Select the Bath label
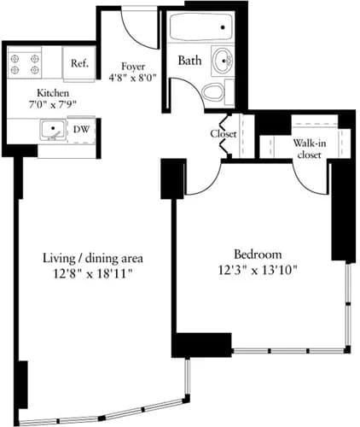point(189,61)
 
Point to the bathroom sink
point(224,61)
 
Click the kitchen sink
point(53,131)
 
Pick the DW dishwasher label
point(81,131)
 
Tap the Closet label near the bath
point(224,134)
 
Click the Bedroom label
point(257,254)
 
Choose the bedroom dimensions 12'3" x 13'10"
point(257,269)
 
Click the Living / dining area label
point(92,257)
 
